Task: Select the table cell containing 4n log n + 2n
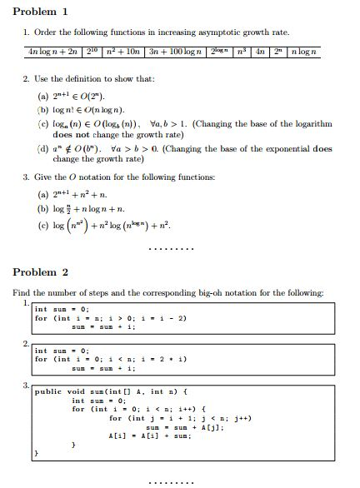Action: [x=52, y=53]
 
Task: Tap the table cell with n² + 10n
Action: [x=123, y=53]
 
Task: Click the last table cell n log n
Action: [x=303, y=53]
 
